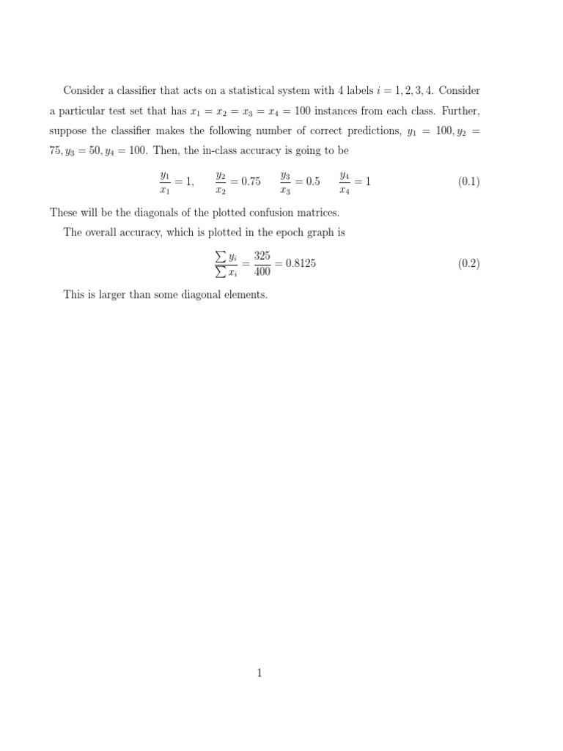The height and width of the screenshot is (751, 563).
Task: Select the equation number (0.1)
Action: pyautogui.click(x=469, y=182)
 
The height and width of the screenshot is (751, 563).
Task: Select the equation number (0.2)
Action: pyautogui.click(x=469, y=264)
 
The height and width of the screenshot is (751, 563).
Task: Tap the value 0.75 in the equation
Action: pyautogui.click(x=251, y=182)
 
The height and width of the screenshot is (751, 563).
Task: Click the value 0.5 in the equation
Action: pyautogui.click(x=312, y=182)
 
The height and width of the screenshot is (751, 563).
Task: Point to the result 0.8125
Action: pyautogui.click(x=301, y=264)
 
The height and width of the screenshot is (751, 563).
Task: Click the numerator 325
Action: pyautogui.click(x=262, y=256)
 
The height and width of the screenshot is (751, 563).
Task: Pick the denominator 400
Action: pyautogui.click(x=262, y=272)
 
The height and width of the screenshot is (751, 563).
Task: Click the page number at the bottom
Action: pyautogui.click(x=260, y=673)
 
